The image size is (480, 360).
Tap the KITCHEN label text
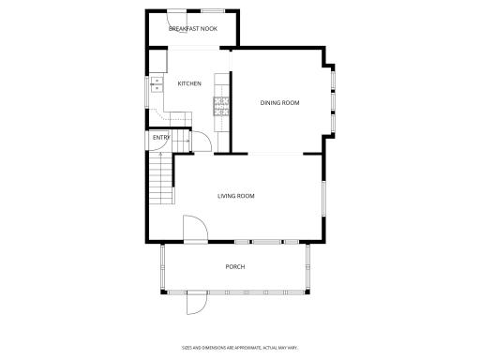(189, 83)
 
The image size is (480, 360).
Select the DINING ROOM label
(279, 102)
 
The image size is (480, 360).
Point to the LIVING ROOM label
(236, 196)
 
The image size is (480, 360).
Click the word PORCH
(235, 267)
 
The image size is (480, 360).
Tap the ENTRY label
(161, 139)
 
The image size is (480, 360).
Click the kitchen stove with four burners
(222, 105)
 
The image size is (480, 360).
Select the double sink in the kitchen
(156, 88)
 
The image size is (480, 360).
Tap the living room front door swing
(194, 229)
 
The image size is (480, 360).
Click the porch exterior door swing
(196, 302)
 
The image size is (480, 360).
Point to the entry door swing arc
(199, 141)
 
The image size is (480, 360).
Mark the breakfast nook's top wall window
(212, 10)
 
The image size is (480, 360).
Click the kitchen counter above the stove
(222, 82)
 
